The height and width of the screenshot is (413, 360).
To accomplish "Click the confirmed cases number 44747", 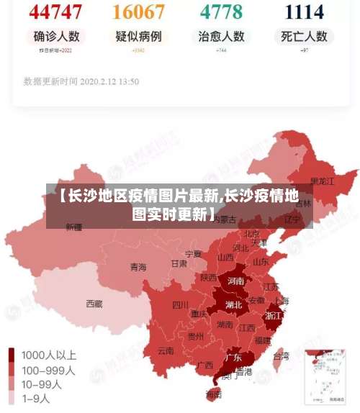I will pyautogui.click(x=56, y=12).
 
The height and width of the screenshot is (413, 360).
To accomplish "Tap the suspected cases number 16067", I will pyautogui.click(x=139, y=12).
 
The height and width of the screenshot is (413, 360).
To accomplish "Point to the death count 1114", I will pyautogui.click(x=305, y=12).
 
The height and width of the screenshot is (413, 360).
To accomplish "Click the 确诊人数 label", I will pyautogui.click(x=56, y=36).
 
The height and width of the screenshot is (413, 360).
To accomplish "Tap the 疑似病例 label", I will pyautogui.click(x=138, y=36).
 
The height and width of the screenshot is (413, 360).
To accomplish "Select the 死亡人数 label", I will pyautogui.click(x=304, y=36).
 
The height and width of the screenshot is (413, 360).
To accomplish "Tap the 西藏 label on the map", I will pyautogui.click(x=94, y=304).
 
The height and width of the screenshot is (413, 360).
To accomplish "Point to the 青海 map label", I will pyautogui.click(x=138, y=267).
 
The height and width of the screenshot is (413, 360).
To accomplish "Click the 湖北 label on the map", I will pyautogui.click(x=233, y=304).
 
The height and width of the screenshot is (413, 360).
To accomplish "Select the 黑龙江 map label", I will pyautogui.click(x=322, y=181).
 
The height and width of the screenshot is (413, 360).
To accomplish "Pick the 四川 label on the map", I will pyautogui.click(x=180, y=304).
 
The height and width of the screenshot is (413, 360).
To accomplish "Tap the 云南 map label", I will pyautogui.click(x=165, y=352).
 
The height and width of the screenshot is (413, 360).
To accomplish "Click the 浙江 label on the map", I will pyautogui.click(x=274, y=315).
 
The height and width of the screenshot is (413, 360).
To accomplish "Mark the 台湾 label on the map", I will pyautogui.click(x=281, y=355).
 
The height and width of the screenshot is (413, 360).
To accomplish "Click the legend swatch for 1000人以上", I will pyautogui.click(x=12, y=355).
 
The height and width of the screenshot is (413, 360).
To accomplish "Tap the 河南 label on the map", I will pyautogui.click(x=235, y=281).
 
